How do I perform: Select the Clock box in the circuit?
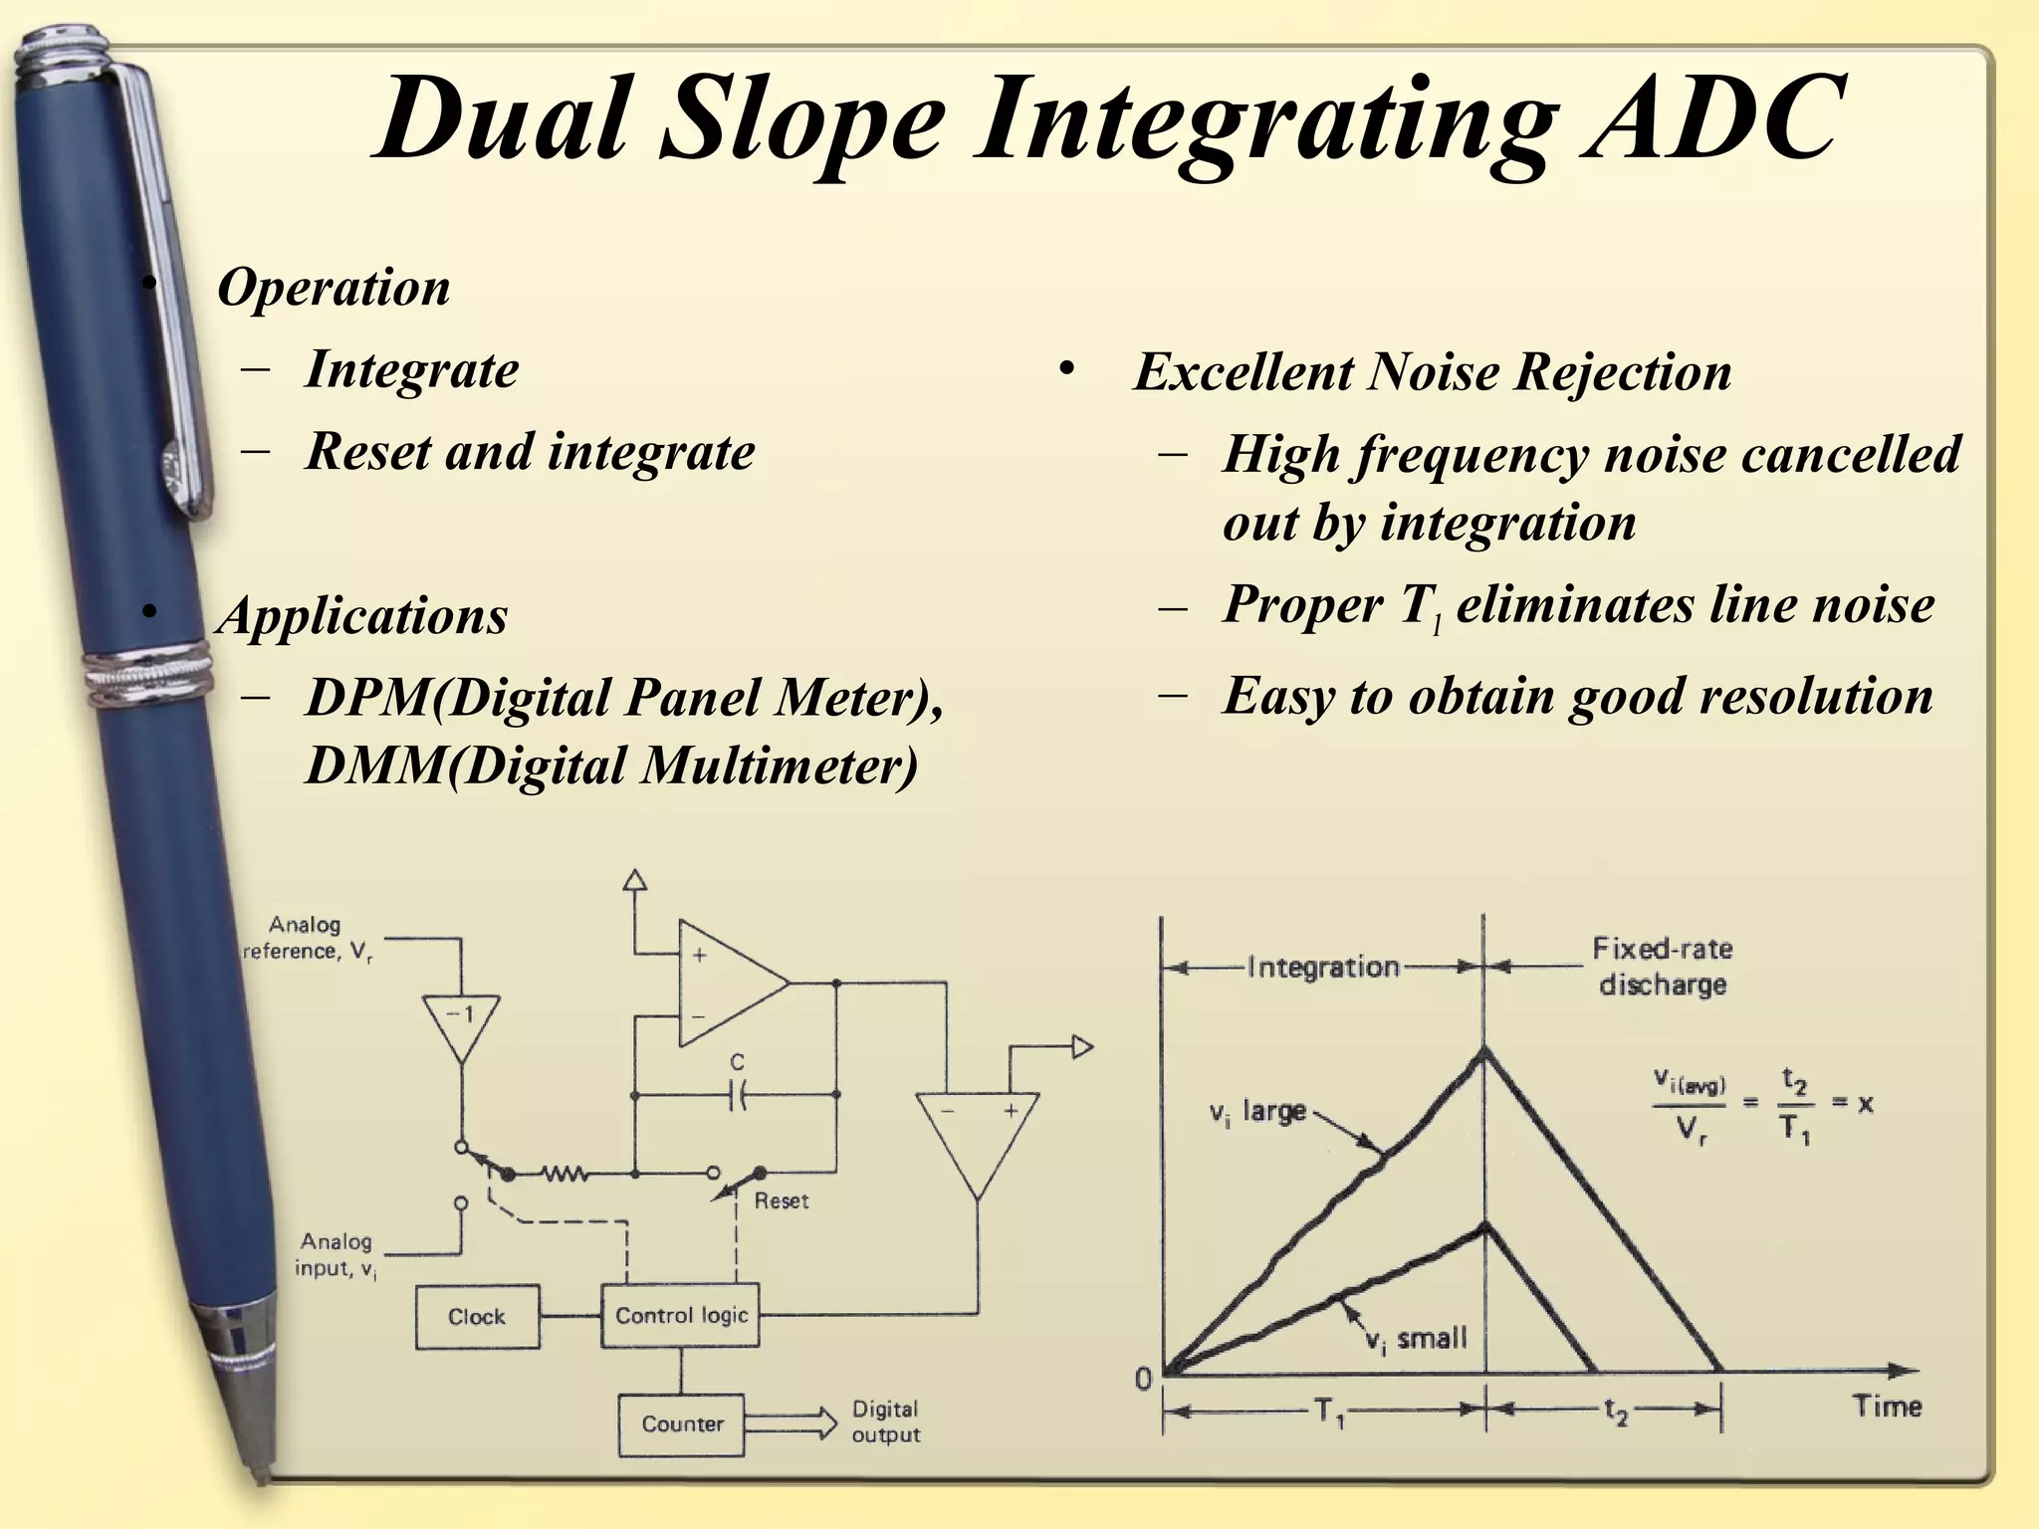click(477, 1316)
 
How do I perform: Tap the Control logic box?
click(681, 1315)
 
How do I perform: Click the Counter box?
click(682, 1423)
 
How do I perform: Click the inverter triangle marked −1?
click(460, 1025)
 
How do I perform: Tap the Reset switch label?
click(781, 1201)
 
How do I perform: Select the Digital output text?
click(885, 1421)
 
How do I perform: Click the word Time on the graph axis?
click(1886, 1407)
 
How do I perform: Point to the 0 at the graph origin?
click(1143, 1379)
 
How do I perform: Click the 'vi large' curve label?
click(1257, 1112)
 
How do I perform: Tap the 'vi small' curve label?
click(1416, 1340)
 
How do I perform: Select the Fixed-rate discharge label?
click(1662, 966)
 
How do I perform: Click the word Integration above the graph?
click(1323, 967)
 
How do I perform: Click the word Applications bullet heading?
click(363, 615)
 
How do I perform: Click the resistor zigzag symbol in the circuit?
click(565, 1175)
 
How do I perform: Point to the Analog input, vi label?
click(337, 1254)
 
